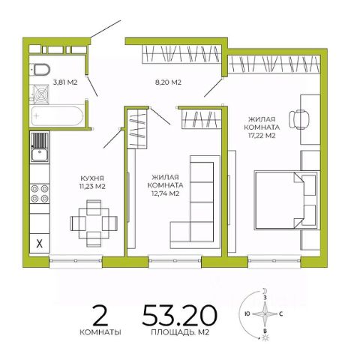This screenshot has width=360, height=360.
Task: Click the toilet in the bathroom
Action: tap(40, 69)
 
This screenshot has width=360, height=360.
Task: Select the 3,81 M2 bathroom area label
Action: tap(65, 82)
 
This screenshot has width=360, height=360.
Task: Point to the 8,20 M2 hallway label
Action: tap(168, 82)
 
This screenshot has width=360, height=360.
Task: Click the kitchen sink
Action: tap(40, 148)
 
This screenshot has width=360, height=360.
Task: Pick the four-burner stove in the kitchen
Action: tap(40, 193)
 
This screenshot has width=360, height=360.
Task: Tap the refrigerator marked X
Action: tap(40, 243)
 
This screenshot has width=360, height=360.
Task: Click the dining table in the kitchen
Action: tap(94, 223)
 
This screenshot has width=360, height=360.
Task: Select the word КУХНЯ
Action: tap(92, 178)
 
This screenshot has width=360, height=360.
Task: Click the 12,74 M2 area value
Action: tap(166, 193)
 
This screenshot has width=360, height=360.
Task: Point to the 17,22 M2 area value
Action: tap(262, 136)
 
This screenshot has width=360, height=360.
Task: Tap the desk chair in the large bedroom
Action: tap(299, 119)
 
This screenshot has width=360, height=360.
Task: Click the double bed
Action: tap(286, 199)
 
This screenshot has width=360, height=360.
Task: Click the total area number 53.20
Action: tap(179, 316)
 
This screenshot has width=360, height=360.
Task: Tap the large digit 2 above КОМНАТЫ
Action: tap(100, 316)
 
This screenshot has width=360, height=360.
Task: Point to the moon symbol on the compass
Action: tap(265, 290)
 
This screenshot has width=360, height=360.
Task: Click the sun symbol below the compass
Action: tap(265, 338)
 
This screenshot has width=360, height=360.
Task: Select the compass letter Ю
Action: tap(247, 314)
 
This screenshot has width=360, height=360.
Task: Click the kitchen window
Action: tap(76, 261)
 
